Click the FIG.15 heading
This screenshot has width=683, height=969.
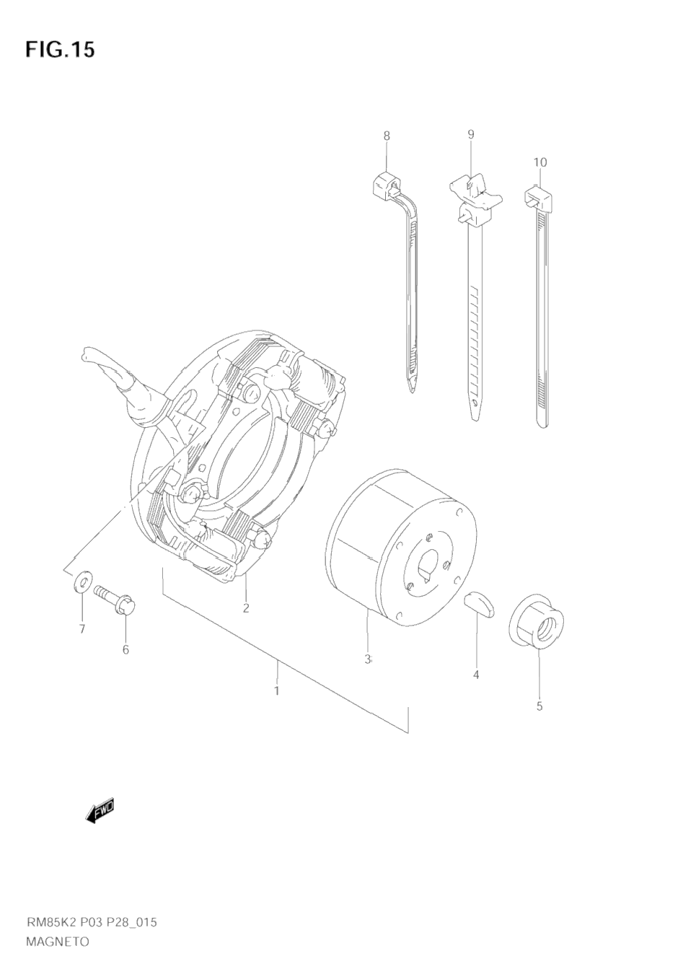pos(60,50)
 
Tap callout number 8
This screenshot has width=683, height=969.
pos(387,136)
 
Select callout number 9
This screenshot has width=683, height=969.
pos(470,134)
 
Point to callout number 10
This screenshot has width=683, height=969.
pos(539,162)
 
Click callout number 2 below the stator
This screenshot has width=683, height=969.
pos(246,608)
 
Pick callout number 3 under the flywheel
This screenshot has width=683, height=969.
pos(367,659)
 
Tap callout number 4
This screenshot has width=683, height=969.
pos(476,675)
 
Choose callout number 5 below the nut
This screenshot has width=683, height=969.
pos(539,706)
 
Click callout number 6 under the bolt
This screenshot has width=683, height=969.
pos(125,649)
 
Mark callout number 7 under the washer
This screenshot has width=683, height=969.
pos(82,629)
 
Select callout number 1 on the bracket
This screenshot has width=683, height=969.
pos(276,690)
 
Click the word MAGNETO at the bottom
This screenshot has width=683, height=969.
pos(58,941)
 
